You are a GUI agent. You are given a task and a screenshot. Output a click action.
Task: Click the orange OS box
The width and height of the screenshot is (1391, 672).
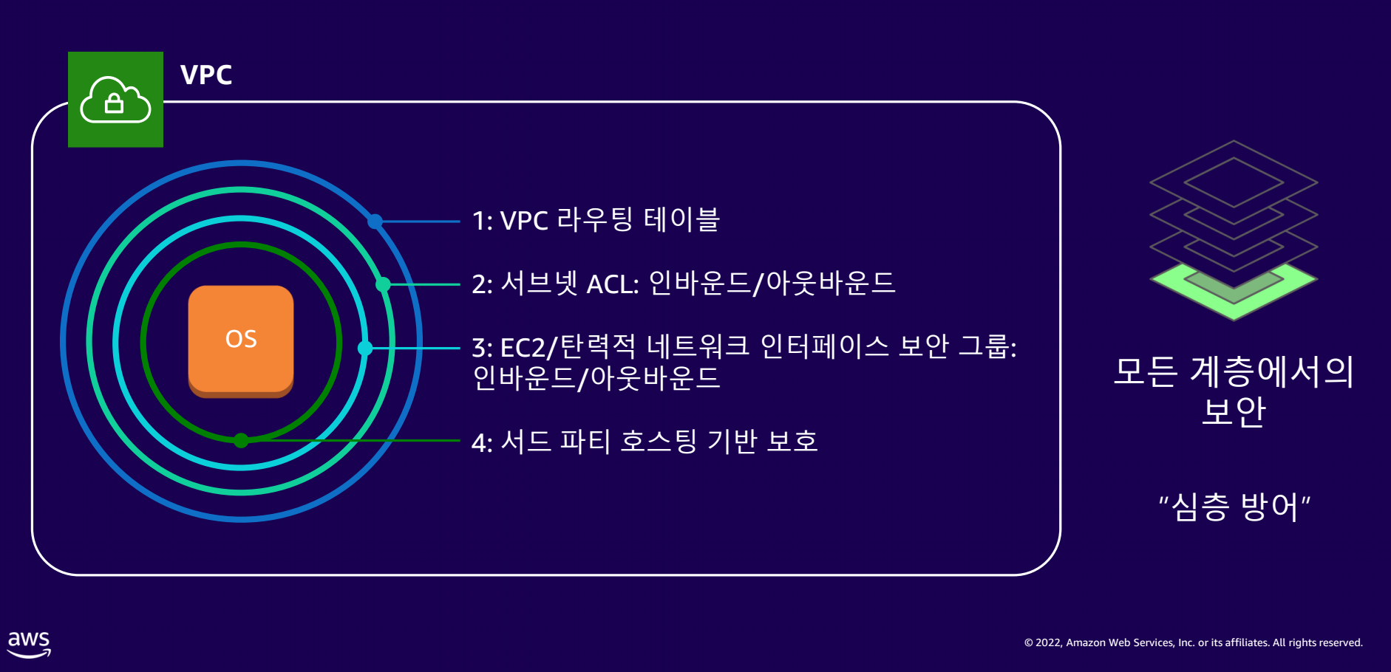(x=241, y=341)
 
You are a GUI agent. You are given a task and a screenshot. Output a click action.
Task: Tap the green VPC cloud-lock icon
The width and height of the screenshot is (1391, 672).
(x=115, y=100)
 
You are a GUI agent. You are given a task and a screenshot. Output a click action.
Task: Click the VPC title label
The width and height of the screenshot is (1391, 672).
(x=206, y=75)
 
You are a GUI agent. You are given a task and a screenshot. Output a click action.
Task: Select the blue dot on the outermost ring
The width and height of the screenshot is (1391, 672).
(x=375, y=221)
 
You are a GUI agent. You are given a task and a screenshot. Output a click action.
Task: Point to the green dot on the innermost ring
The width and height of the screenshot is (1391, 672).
(x=241, y=441)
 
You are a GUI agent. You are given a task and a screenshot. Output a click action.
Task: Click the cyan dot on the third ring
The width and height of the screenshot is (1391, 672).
(x=365, y=348)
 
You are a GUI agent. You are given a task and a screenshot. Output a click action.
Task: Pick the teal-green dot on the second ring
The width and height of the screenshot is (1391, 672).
(x=383, y=284)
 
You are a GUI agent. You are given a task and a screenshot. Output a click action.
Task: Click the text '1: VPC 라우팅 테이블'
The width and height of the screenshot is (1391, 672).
(x=596, y=220)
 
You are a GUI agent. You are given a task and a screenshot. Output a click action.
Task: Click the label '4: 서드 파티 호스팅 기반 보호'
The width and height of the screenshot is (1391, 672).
(x=645, y=442)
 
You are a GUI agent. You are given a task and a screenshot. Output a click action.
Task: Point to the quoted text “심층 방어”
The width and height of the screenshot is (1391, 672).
(x=1234, y=507)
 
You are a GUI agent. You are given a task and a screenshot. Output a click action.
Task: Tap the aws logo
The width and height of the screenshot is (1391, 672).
(x=30, y=644)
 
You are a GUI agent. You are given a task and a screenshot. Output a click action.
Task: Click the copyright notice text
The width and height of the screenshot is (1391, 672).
(x=1193, y=642)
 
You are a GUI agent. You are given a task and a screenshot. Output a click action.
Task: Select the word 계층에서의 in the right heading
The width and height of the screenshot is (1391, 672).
(x=1272, y=371)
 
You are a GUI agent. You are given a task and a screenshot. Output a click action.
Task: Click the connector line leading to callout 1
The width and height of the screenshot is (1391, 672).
(x=418, y=221)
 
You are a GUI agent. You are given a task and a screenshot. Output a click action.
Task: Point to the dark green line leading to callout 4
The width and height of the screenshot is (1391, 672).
(x=350, y=441)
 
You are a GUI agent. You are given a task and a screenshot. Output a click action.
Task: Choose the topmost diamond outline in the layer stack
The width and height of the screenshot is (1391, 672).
(x=1234, y=182)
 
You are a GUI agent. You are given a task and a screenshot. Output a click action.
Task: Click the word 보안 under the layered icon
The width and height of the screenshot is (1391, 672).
(x=1234, y=411)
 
